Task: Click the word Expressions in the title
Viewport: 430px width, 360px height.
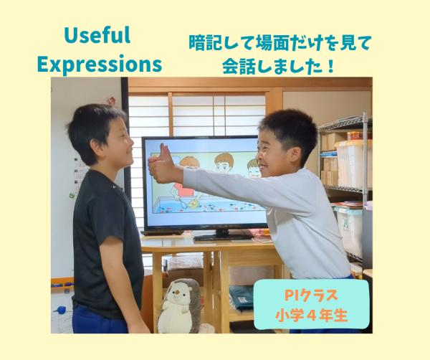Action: [x=99, y=63]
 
